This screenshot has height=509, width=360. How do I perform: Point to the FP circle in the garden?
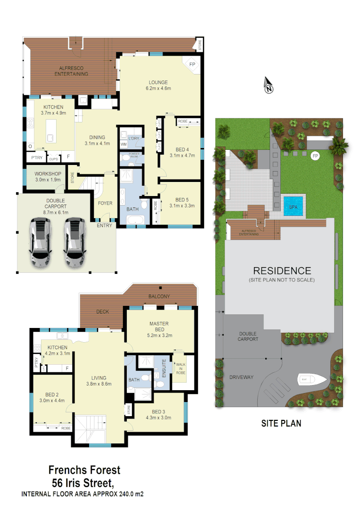click(315, 155)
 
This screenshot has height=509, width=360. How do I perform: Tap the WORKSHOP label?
click(48, 173)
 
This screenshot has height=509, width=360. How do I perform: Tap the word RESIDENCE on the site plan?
click(282, 271)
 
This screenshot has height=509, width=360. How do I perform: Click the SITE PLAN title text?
click(281, 423)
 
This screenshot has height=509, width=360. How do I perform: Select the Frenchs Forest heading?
click(85, 470)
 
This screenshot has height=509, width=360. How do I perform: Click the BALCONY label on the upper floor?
click(159, 296)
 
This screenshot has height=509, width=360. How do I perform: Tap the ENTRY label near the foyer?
click(105, 226)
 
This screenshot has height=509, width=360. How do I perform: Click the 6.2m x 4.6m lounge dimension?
click(158, 88)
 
